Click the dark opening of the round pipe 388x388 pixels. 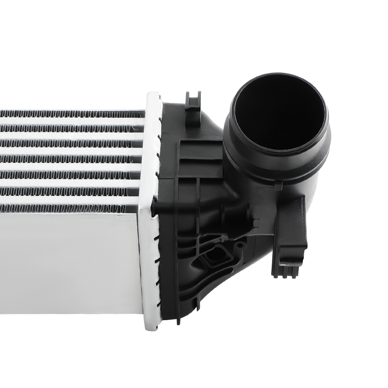(x=277, y=113)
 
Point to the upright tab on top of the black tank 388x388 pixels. (x=193, y=102)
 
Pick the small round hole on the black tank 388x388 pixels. (x=241, y=245)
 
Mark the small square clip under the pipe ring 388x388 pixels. (x=278, y=187)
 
